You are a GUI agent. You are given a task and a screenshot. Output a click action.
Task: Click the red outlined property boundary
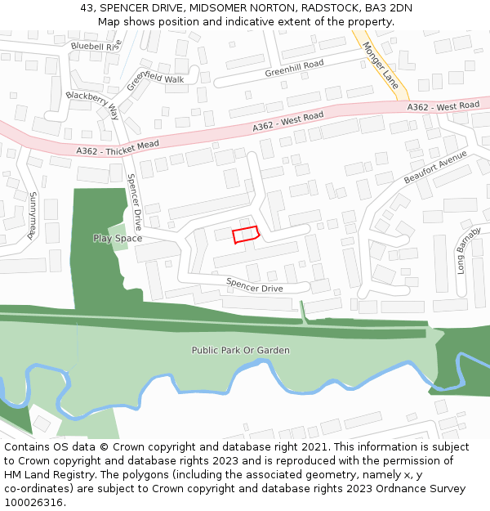(246, 235)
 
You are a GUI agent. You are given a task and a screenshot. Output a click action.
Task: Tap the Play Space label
(117, 239)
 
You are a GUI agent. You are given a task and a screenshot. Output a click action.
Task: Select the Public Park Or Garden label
(240, 350)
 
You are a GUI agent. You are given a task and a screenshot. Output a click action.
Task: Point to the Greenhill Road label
(294, 69)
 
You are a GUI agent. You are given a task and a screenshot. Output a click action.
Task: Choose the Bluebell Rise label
(96, 46)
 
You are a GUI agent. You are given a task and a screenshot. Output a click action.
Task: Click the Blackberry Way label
(92, 105)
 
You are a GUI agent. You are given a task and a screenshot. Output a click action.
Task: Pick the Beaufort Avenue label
(434, 167)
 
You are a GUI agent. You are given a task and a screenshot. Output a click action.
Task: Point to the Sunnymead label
(32, 214)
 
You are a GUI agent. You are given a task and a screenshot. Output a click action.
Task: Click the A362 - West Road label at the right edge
(443, 107)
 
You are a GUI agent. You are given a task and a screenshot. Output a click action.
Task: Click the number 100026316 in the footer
(35, 502)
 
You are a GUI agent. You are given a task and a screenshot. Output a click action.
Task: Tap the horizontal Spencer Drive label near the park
(254, 287)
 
